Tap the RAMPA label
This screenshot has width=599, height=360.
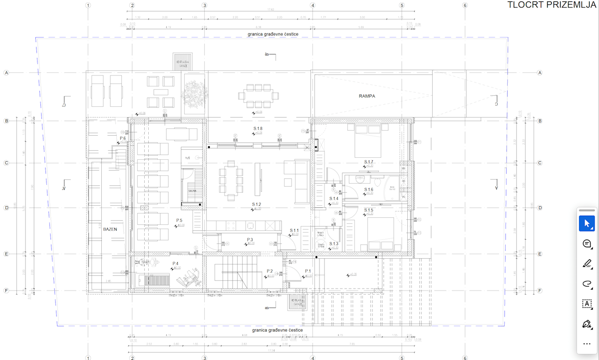[x=366, y=96]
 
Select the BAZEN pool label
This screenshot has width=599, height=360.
[x=110, y=229]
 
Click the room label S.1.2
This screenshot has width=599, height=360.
[x=257, y=204]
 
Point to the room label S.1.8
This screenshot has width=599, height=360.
[x=258, y=129]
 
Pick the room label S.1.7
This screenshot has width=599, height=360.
[x=368, y=162]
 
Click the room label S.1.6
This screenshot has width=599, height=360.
[x=368, y=189]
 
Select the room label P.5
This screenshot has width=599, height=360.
[x=179, y=220]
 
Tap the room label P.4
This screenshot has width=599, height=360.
[x=176, y=263]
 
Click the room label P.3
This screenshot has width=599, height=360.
[x=250, y=240]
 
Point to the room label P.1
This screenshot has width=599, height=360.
[x=308, y=271]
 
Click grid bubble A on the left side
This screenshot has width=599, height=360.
[x=7, y=73]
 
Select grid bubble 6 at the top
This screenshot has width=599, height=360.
[x=465, y=5]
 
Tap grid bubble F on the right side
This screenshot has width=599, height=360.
[x=540, y=290]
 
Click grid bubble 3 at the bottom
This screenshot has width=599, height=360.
[x=204, y=358]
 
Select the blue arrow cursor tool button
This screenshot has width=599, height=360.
[x=587, y=223]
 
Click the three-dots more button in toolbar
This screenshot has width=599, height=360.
[x=587, y=344]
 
